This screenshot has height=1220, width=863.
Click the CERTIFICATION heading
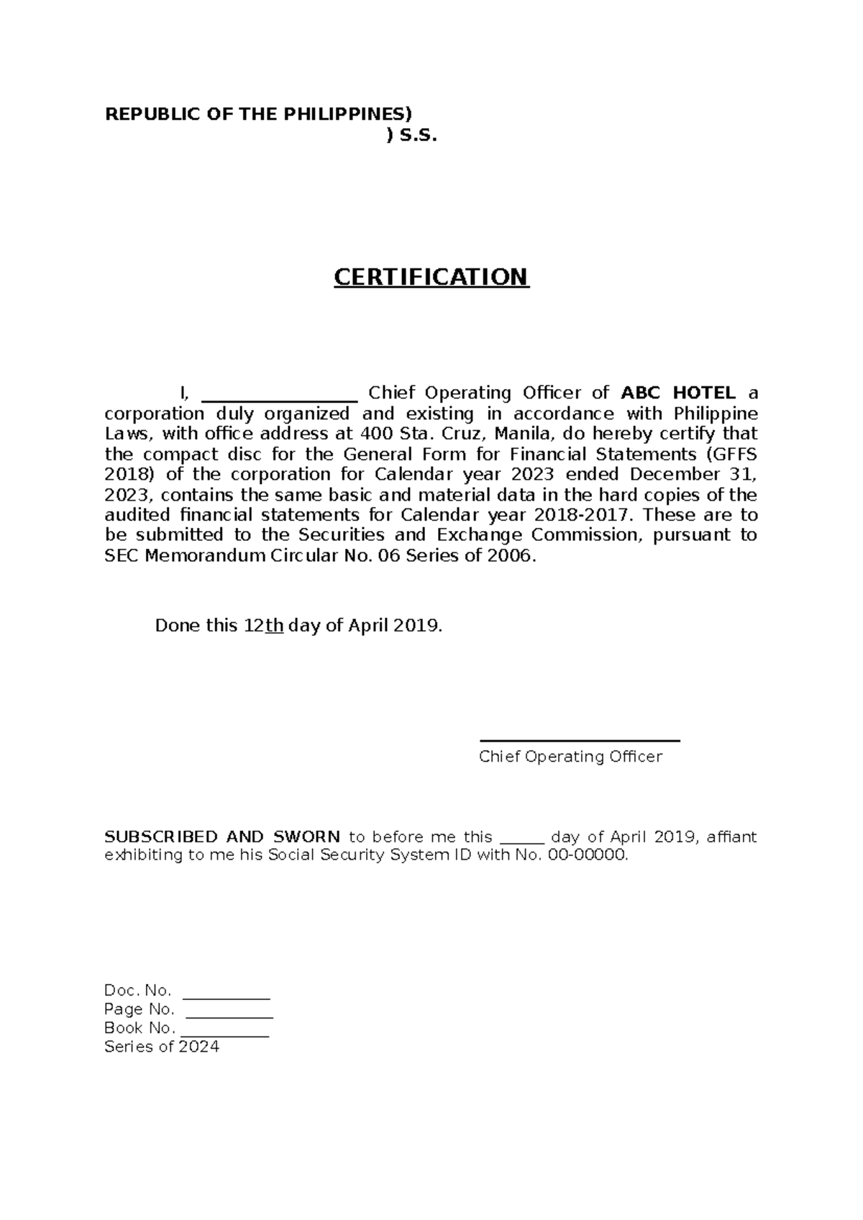(431, 277)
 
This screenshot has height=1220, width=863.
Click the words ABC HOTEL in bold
(678, 393)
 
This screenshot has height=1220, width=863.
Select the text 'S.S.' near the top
(418, 135)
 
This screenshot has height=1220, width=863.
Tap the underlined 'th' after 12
(274, 626)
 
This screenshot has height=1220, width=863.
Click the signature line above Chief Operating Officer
(580, 740)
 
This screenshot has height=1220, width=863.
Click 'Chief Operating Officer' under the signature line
(570, 757)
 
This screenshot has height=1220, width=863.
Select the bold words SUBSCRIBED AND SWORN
(222, 837)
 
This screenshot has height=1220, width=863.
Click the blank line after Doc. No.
(227, 996)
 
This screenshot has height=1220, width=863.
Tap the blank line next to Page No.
(229, 1014)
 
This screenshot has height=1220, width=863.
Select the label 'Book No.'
(139, 1028)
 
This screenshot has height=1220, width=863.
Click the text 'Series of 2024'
(162, 1047)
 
